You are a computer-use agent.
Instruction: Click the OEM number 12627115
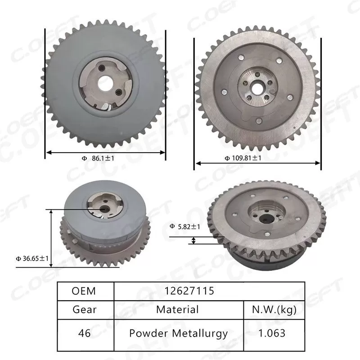tap(189, 291)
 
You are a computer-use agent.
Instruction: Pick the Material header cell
tap(177, 310)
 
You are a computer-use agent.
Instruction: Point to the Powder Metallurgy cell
tap(178, 333)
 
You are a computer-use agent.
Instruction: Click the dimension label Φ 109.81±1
tap(243, 158)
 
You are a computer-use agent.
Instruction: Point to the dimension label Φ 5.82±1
tap(185, 226)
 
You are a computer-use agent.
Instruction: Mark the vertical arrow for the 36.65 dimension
tap(50, 238)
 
